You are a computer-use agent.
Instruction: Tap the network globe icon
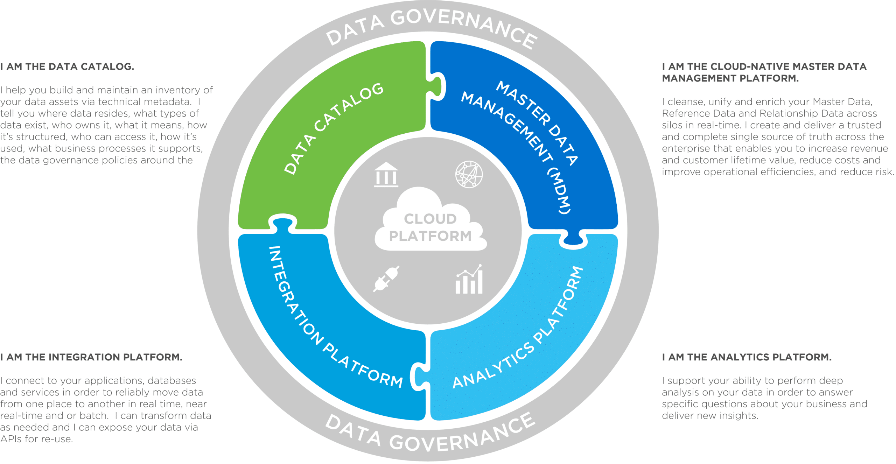[x=469, y=174]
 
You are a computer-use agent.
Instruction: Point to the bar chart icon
[x=469, y=280]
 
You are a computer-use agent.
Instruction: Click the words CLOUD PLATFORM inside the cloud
[x=430, y=227]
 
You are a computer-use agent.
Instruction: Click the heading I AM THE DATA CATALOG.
[x=67, y=66]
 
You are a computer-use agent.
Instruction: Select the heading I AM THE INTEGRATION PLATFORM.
[x=91, y=357]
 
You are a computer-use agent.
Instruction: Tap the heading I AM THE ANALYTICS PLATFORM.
[x=747, y=357]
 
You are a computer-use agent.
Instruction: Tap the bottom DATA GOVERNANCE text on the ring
[x=430, y=434]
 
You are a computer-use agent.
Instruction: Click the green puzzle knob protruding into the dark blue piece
[x=437, y=86]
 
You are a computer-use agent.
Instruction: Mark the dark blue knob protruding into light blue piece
[x=573, y=239]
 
